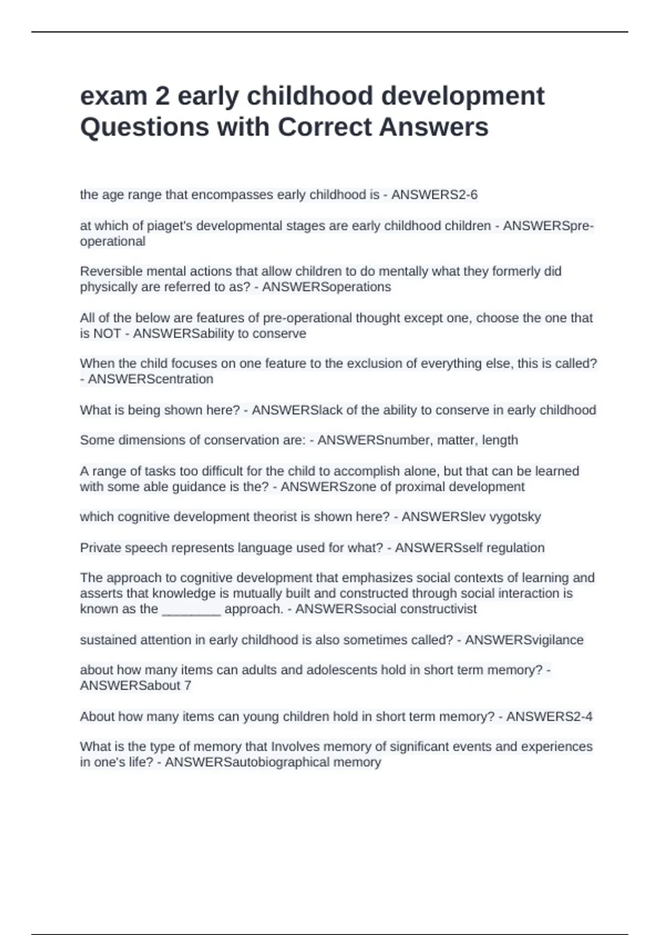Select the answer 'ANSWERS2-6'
coord(435,195)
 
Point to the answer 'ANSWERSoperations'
coord(327,287)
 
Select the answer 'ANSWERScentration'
coord(151,380)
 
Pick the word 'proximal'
coord(420,487)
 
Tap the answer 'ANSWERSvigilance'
coord(524,640)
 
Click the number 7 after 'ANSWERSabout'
coord(188,686)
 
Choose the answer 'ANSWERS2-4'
coord(549,717)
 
